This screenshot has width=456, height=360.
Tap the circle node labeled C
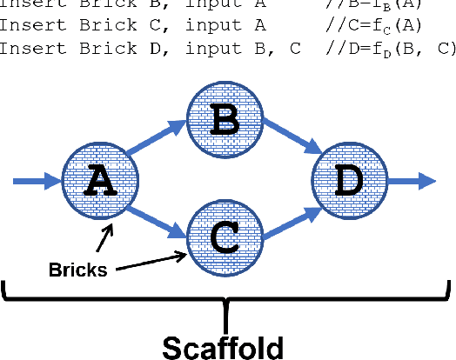pos(225,233)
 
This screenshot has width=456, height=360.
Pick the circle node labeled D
pos(348,181)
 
